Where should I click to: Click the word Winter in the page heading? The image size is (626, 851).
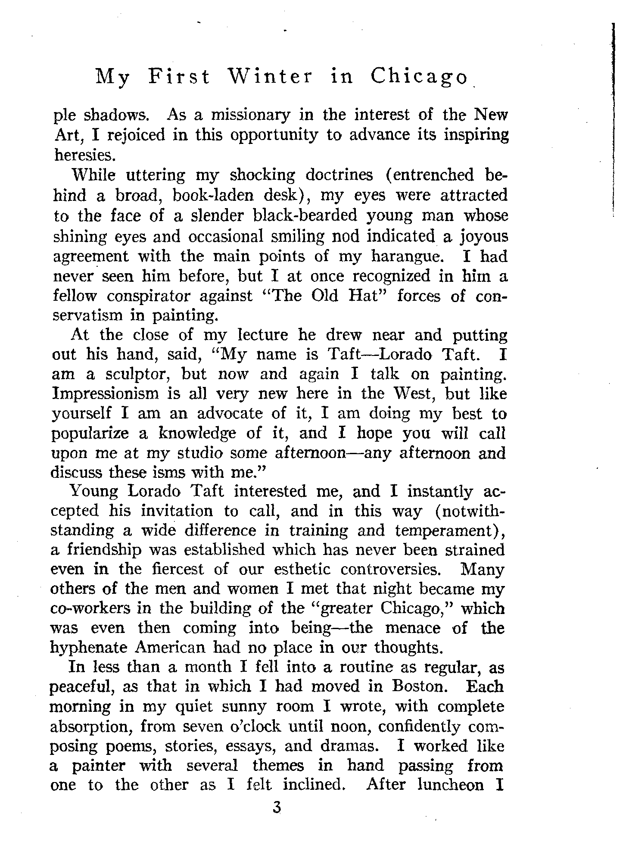[270, 77]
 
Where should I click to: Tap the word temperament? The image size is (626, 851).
[443, 530]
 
